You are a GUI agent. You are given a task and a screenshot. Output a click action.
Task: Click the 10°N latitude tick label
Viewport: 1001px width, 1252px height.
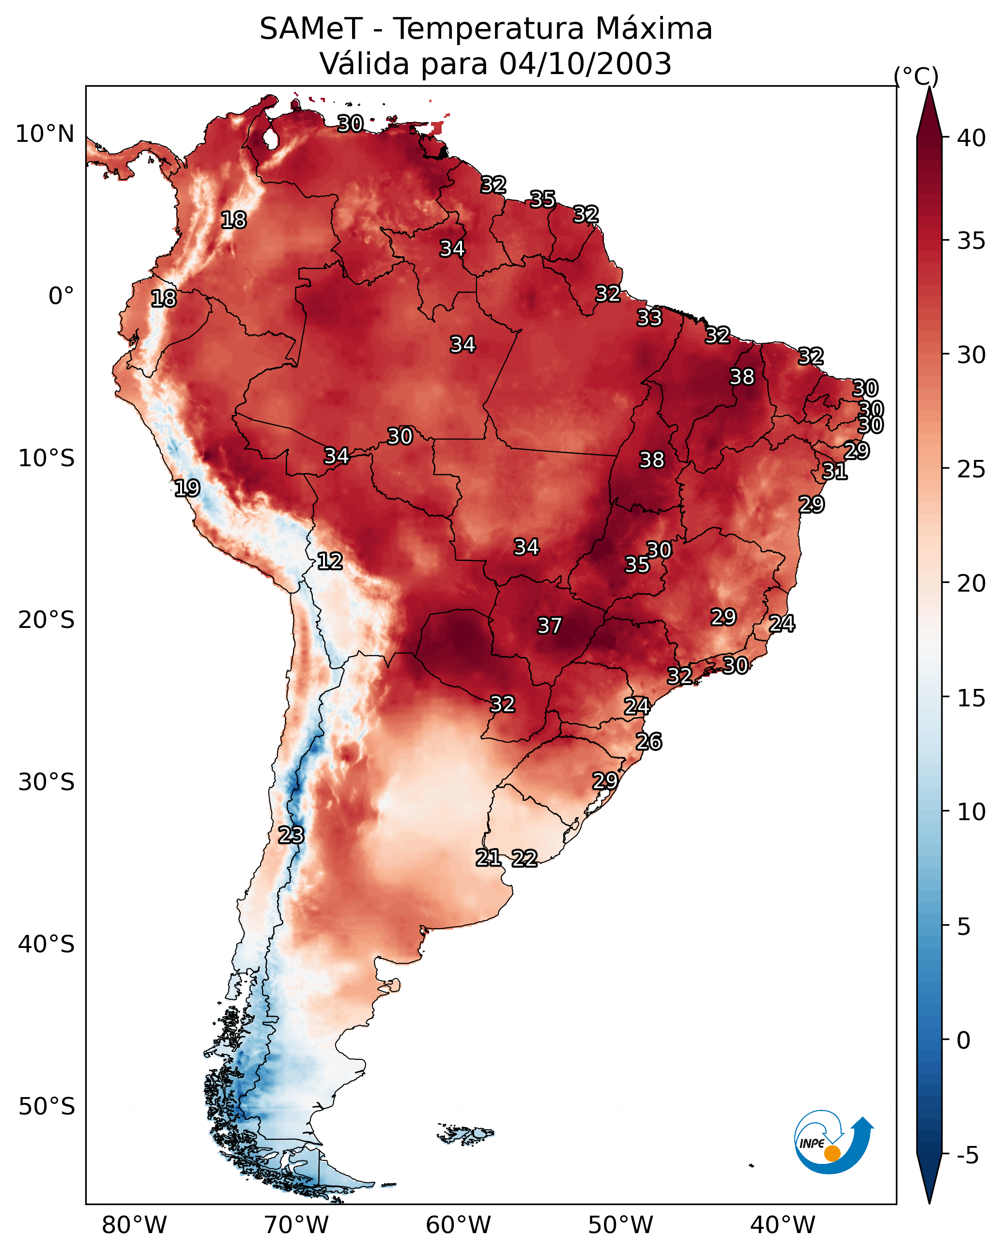(45, 134)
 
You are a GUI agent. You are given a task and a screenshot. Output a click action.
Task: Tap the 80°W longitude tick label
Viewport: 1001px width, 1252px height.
(134, 1225)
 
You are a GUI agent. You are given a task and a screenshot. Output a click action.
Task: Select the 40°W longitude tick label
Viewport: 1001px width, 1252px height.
(783, 1225)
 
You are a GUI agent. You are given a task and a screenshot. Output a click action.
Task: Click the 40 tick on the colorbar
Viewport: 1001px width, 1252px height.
(971, 138)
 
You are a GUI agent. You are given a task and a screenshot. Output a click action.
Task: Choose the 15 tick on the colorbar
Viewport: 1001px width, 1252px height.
(971, 698)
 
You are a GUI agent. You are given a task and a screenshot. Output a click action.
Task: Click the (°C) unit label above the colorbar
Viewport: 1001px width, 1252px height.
(916, 76)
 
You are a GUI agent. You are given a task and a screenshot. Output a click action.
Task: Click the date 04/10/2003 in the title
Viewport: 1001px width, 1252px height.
(585, 64)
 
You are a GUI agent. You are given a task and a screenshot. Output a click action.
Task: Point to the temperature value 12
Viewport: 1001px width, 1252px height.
(330, 561)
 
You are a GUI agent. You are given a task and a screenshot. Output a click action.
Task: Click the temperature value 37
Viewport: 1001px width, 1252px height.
(550, 626)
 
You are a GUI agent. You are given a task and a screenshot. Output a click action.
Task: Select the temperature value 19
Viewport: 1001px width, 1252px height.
(187, 488)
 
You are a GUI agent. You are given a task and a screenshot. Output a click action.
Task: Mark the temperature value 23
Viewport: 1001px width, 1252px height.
(291, 835)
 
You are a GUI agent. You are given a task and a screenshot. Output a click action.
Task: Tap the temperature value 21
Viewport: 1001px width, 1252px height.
(489, 858)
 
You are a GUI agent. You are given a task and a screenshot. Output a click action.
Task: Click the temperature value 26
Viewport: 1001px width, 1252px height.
(649, 742)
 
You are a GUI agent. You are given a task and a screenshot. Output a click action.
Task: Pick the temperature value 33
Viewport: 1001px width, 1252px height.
(649, 318)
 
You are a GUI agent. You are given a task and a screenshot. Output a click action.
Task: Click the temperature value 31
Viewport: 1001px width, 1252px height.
(835, 471)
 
